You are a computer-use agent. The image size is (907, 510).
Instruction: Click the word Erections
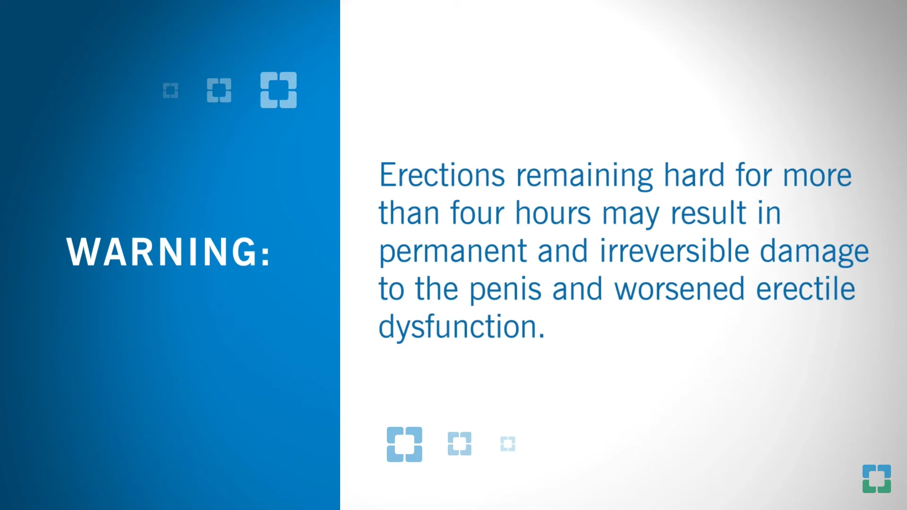pos(442,175)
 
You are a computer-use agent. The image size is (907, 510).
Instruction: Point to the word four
pos(477,213)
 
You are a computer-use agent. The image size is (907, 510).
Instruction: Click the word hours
pos(553,213)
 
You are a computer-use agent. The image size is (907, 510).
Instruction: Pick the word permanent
pos(453,252)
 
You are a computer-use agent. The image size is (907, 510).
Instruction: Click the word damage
pos(814,252)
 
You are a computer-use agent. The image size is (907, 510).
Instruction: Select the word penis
pos(505,290)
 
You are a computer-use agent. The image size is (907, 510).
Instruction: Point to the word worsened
pos(679,289)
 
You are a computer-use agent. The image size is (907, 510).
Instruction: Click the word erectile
pos(805,289)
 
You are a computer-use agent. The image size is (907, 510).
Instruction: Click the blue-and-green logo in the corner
pos(876,478)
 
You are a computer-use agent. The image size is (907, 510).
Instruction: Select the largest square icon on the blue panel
pos(278,90)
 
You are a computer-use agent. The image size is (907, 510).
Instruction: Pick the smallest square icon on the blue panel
pos(171,90)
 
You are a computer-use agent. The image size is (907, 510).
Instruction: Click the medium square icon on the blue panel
pos(219,90)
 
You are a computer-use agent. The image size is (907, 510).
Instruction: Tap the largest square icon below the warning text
pos(404,444)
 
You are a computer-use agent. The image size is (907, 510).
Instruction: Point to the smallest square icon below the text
pos(508,444)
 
